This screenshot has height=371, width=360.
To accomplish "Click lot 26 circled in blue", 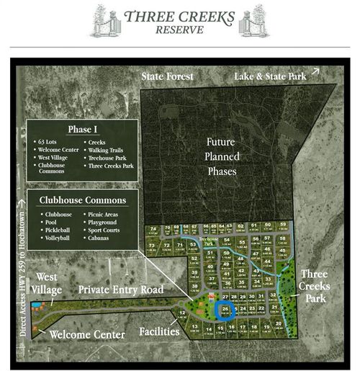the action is click(225, 311).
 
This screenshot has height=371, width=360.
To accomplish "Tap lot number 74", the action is click(153, 230).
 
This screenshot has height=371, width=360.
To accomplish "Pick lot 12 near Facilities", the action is click(181, 314).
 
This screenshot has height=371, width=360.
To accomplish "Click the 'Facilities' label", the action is click(147, 334).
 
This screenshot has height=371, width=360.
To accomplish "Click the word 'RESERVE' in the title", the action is click(179, 30).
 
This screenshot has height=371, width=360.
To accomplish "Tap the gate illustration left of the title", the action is click(103, 20).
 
